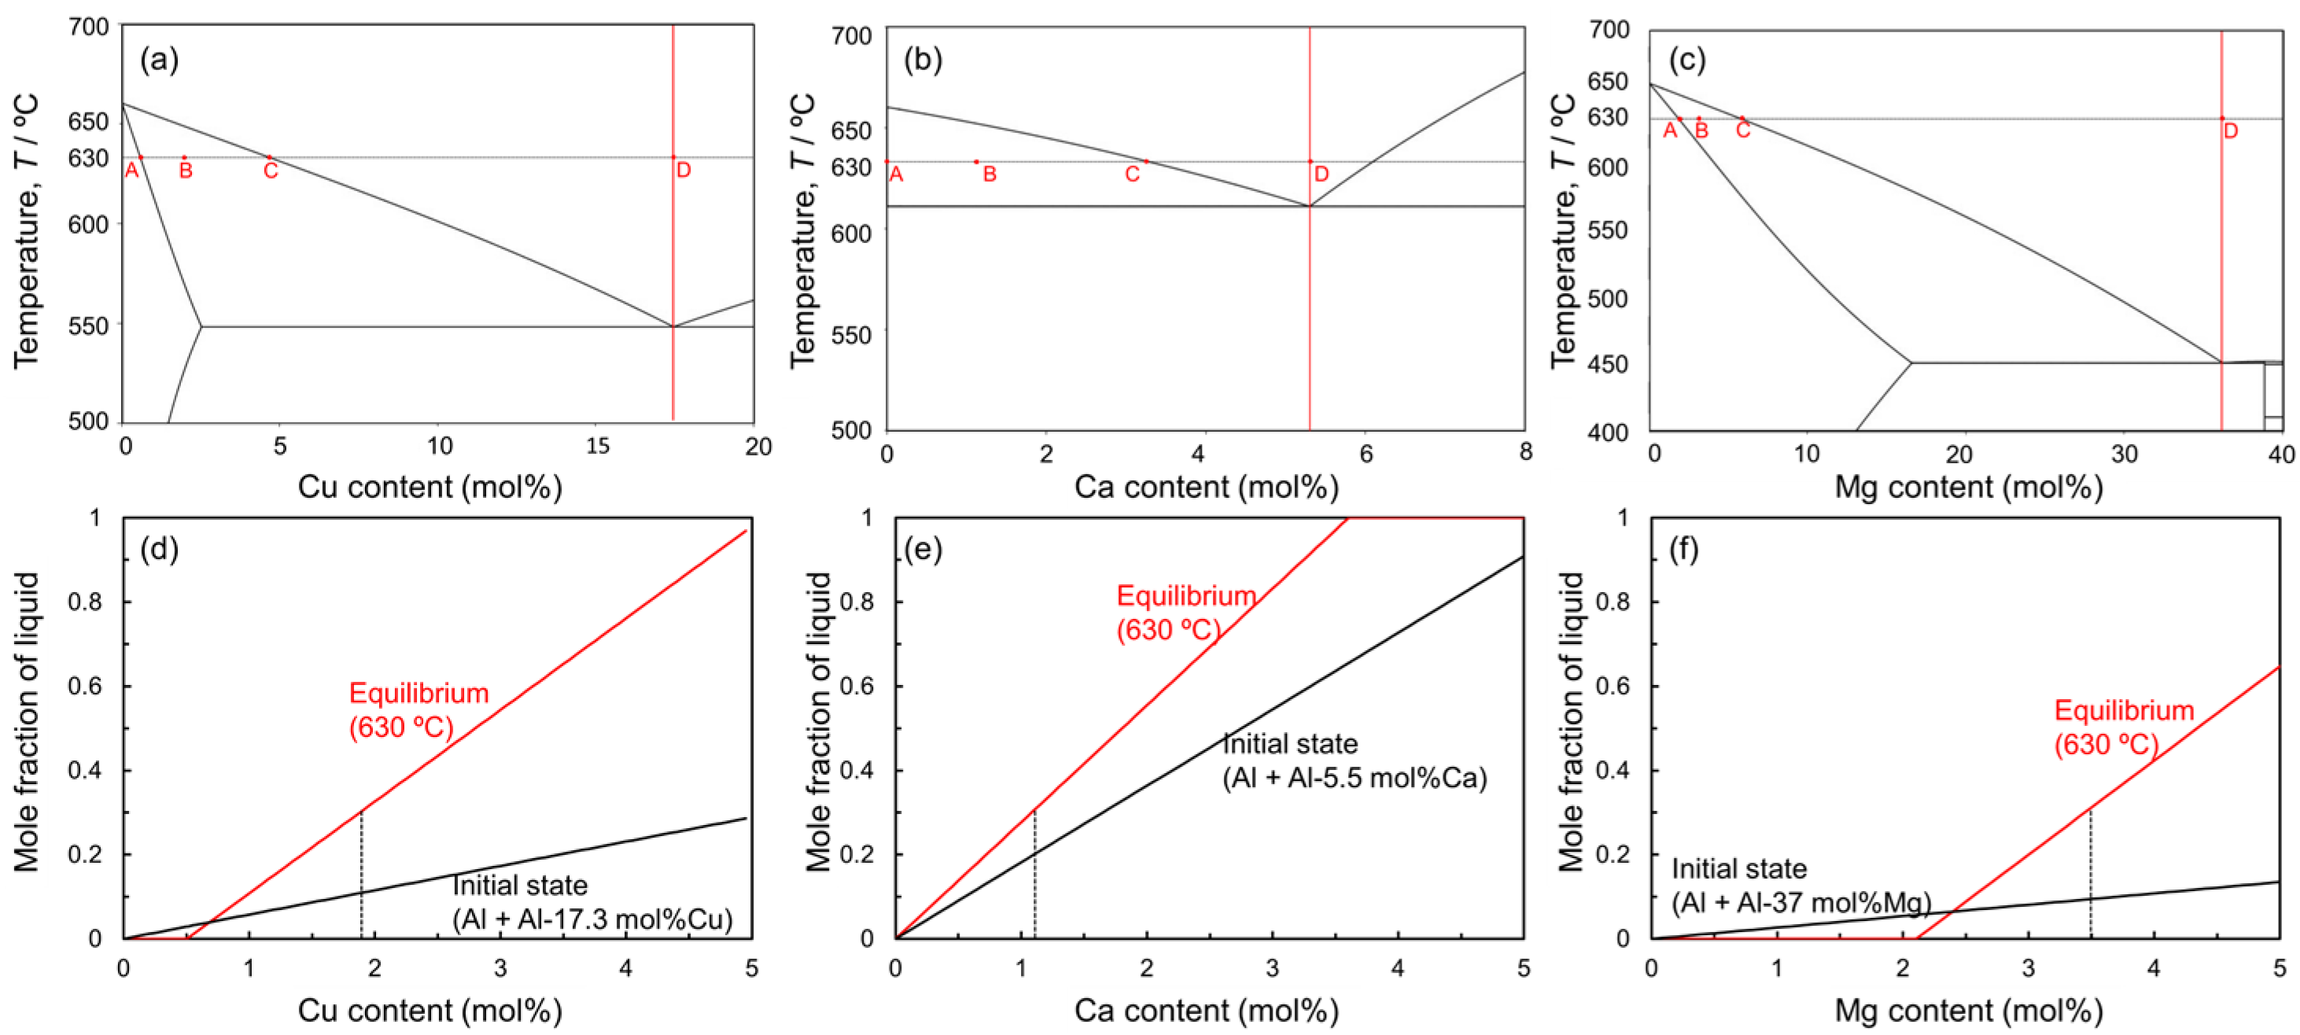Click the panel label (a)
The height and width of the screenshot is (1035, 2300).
[x=160, y=60]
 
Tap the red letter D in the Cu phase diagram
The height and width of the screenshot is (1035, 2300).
[x=683, y=170]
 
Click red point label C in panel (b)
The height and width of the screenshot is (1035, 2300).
[x=1131, y=174]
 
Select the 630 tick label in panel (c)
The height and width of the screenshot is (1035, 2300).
[x=1607, y=117]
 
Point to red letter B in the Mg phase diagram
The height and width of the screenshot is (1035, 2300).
[x=1701, y=131]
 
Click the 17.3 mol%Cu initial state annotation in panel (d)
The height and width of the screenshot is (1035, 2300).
[x=592, y=903]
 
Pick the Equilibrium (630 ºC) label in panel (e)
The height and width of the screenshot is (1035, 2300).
[x=1185, y=613]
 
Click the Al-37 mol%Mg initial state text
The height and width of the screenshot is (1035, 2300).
[x=1800, y=886]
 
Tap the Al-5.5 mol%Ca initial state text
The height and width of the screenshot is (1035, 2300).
[x=1354, y=761]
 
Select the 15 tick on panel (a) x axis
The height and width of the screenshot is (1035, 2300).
[x=596, y=446]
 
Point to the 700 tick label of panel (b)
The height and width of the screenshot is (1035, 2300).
[x=851, y=37]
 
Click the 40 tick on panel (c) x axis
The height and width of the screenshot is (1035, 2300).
[x=2280, y=454]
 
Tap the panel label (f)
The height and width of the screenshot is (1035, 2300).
[x=1684, y=549]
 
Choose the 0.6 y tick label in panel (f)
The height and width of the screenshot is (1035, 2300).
[x=1613, y=686]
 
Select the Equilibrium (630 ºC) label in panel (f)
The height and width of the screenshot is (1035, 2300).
[x=2123, y=727]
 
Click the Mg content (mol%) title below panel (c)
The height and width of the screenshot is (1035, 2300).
[x=1968, y=487]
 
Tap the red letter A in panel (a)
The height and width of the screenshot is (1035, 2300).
[x=131, y=170]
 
